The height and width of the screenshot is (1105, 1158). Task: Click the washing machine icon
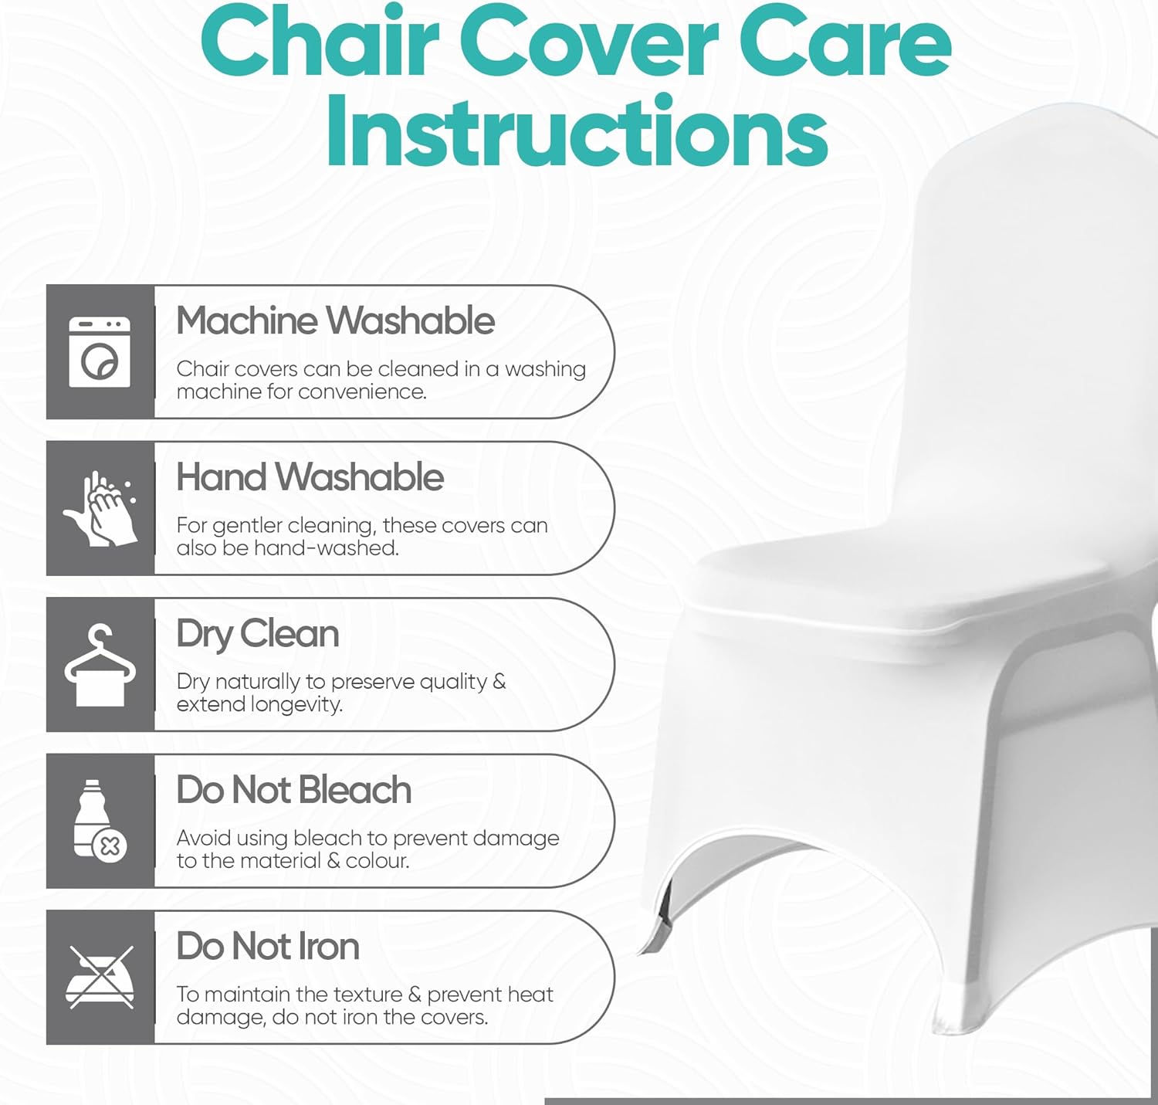[100, 352]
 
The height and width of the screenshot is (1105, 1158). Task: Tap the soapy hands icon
[100, 508]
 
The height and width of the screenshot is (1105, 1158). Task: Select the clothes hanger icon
[100, 665]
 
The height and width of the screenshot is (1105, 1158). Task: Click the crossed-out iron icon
[100, 977]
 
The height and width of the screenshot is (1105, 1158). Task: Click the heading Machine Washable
[335, 321]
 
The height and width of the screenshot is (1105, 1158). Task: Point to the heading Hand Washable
[310, 477]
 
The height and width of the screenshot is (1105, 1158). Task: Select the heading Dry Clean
[257, 635]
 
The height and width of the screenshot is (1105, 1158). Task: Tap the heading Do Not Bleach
[293, 790]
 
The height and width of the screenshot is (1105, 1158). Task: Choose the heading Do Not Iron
[267, 947]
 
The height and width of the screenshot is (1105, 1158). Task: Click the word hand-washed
[327, 548]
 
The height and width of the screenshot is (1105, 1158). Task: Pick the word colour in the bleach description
[377, 861]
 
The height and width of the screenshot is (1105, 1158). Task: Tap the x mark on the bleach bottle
[110, 847]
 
